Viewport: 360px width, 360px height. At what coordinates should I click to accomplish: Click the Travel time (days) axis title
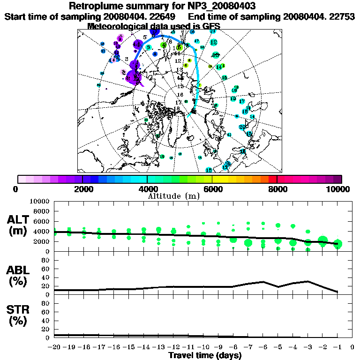pos(205,355)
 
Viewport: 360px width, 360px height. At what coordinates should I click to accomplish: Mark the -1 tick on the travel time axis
pos(337,347)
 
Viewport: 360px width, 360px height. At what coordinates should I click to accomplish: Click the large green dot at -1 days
pos(337,244)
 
